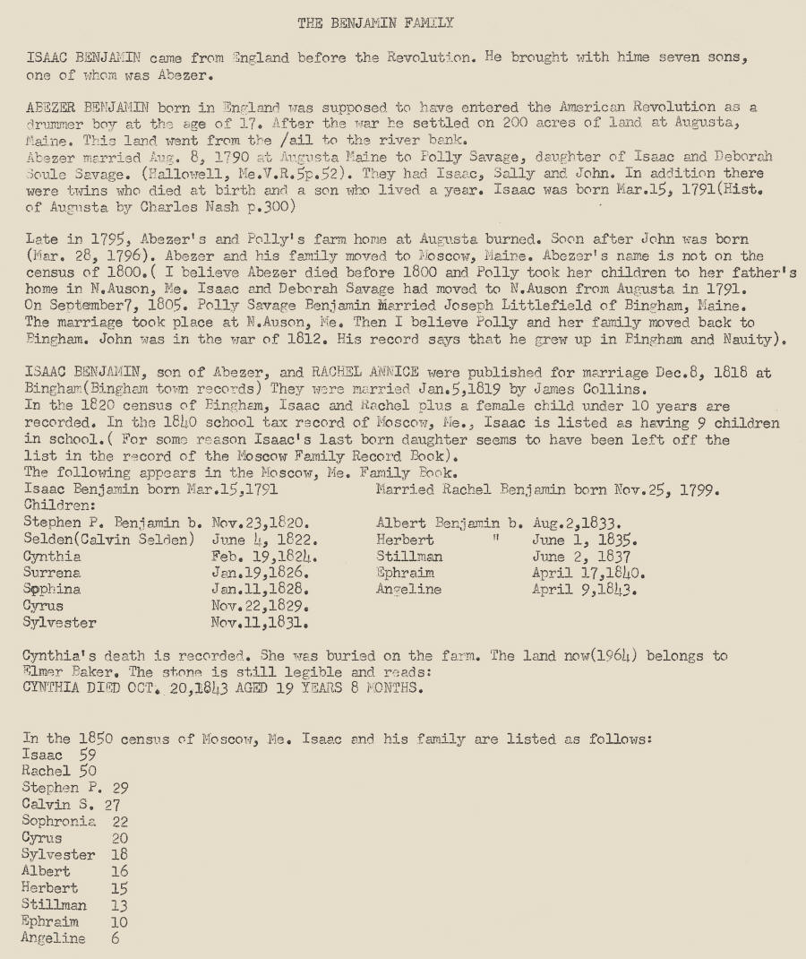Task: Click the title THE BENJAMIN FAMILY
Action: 375,23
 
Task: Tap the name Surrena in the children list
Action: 52,573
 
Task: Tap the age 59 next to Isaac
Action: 88,756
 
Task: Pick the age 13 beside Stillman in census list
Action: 118,905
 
